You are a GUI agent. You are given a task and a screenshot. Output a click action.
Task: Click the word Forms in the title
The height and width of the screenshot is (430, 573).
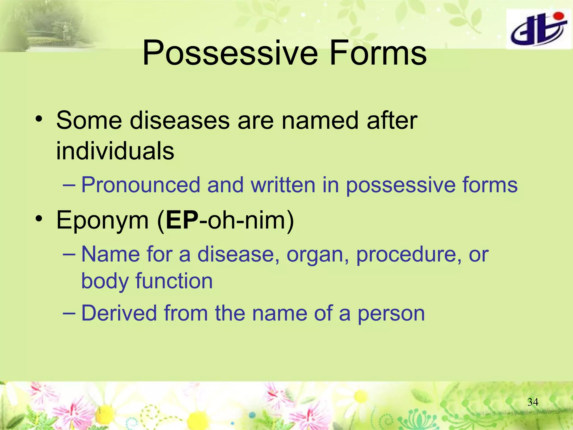click(x=378, y=53)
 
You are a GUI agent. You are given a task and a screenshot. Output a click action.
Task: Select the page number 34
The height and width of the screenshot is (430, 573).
click(x=532, y=402)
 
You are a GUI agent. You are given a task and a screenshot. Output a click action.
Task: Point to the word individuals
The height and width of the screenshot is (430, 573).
click(x=115, y=151)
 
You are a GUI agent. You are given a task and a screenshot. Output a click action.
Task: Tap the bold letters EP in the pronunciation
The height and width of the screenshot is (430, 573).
click(x=182, y=220)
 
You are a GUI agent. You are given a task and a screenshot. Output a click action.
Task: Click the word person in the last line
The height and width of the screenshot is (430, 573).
click(x=391, y=314)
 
